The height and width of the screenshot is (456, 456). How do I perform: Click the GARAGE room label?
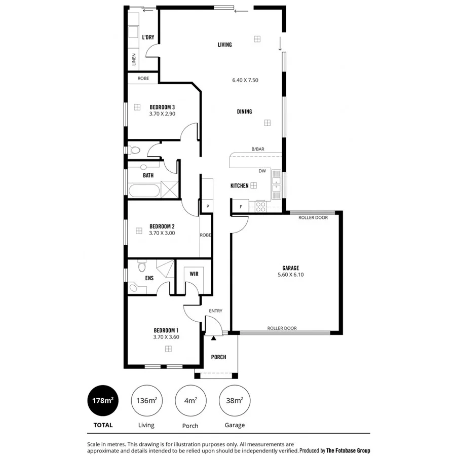point(290,268)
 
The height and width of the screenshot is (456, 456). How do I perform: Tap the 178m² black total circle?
point(102,400)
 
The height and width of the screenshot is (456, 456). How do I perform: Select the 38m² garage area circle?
point(235,400)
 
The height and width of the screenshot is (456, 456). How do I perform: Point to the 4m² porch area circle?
point(191,400)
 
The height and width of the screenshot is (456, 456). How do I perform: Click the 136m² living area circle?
point(146,400)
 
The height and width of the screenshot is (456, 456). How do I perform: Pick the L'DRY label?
point(148,37)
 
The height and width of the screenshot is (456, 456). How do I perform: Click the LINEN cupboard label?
point(134,60)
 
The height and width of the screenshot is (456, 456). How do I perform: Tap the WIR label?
point(194,274)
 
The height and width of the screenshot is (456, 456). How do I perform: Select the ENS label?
point(149,278)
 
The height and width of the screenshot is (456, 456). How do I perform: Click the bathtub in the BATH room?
point(144,192)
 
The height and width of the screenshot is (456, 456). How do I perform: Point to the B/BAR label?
point(258,149)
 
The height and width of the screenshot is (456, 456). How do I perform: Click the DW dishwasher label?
point(262,171)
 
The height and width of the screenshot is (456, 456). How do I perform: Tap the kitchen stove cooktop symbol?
point(260,206)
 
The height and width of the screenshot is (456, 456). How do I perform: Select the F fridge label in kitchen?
point(241,207)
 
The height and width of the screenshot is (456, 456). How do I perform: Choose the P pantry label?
point(208,206)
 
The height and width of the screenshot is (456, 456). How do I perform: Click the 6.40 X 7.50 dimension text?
point(245,80)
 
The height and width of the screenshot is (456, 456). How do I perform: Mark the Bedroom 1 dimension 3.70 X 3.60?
point(166,336)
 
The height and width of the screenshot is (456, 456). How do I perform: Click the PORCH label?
point(218,357)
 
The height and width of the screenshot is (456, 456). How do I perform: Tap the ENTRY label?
point(215,311)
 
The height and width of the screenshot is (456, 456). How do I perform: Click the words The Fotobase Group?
point(348,450)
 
